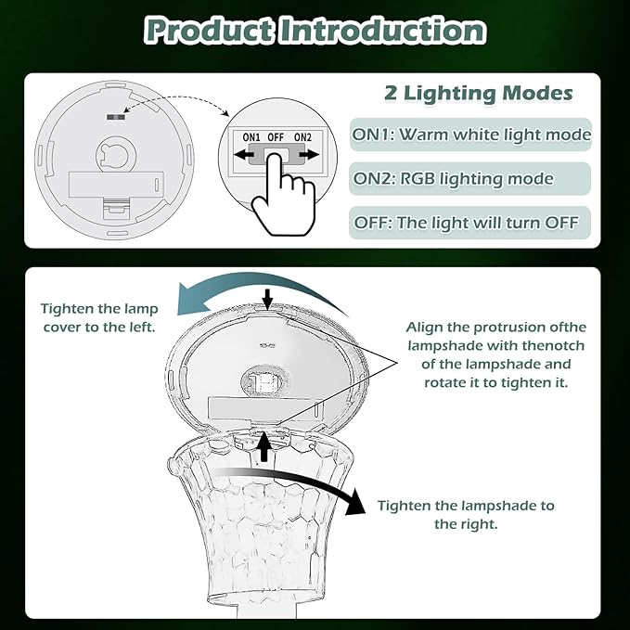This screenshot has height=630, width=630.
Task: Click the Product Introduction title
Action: click(315, 31)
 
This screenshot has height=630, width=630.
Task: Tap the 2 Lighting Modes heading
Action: click(478, 94)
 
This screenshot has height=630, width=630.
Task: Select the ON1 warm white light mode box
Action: click(471, 135)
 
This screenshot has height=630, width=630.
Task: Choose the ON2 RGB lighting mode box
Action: click(453, 178)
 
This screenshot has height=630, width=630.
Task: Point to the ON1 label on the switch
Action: click(251, 137)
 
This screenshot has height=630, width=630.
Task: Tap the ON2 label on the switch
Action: click(302, 137)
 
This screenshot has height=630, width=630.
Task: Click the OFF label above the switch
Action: click(276, 137)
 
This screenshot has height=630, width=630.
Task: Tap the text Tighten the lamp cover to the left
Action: click(98, 318)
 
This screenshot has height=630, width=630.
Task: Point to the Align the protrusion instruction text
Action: click(496, 354)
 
